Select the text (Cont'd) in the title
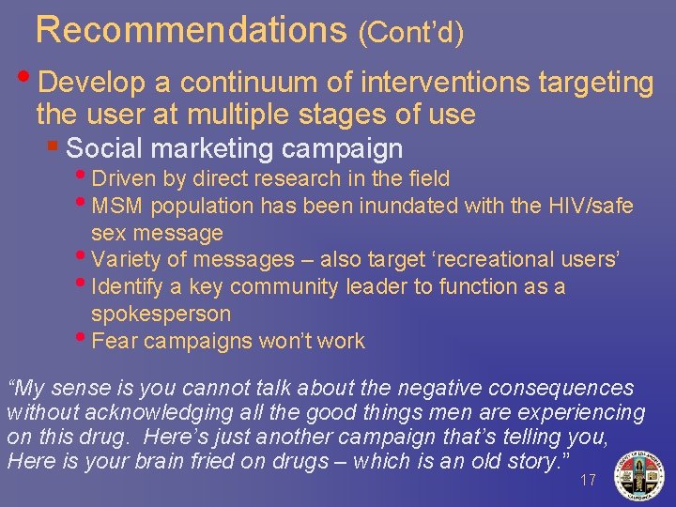pyautogui.click(x=411, y=33)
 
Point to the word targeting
pyautogui.click(x=595, y=84)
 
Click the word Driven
pyautogui.click(x=125, y=178)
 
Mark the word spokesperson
pyautogui.click(x=161, y=314)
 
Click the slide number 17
pyautogui.click(x=588, y=480)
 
